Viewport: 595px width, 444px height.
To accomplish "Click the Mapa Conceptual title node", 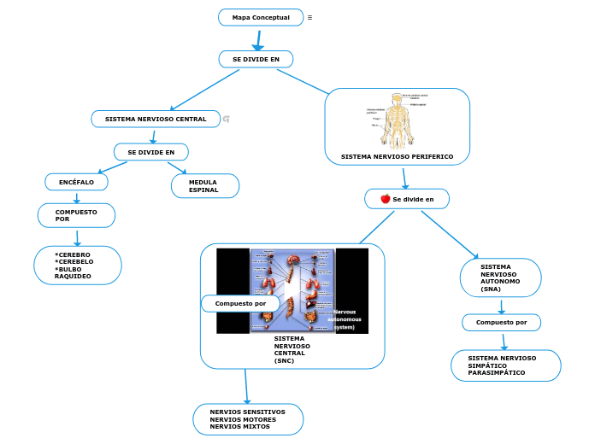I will click(x=261, y=17).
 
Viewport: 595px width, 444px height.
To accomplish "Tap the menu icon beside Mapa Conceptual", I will click(x=309, y=17).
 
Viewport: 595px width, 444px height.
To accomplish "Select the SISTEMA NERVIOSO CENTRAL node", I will click(x=156, y=119).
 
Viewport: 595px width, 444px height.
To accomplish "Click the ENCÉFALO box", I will click(x=76, y=182).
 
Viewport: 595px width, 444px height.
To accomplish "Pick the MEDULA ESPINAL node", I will click(x=203, y=186).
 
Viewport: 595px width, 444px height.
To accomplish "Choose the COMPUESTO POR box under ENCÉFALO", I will click(x=76, y=215).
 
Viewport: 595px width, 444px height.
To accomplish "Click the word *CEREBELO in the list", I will click(x=74, y=261).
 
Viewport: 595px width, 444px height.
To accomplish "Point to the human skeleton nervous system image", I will click(x=395, y=120).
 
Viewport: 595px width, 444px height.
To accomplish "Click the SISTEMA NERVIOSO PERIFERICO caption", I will click(x=397, y=157).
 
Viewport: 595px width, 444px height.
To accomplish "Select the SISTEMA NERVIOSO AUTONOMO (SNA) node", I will click(x=500, y=277).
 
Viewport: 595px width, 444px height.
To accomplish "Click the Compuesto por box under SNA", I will click(x=501, y=322).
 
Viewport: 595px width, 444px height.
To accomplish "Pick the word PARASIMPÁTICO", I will click(x=497, y=373).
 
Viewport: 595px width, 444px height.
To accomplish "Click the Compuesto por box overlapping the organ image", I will click(x=240, y=303).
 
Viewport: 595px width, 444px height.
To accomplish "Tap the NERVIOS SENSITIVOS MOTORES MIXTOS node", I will click(x=248, y=418).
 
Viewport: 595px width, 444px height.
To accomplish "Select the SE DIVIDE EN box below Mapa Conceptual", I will click(x=256, y=59).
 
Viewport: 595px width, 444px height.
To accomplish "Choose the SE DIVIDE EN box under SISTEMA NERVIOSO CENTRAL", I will click(x=151, y=152).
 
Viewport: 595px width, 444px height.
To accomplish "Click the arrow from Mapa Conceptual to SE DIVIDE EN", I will click(x=257, y=39).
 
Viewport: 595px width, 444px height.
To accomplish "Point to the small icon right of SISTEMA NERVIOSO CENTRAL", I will click(x=227, y=119).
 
